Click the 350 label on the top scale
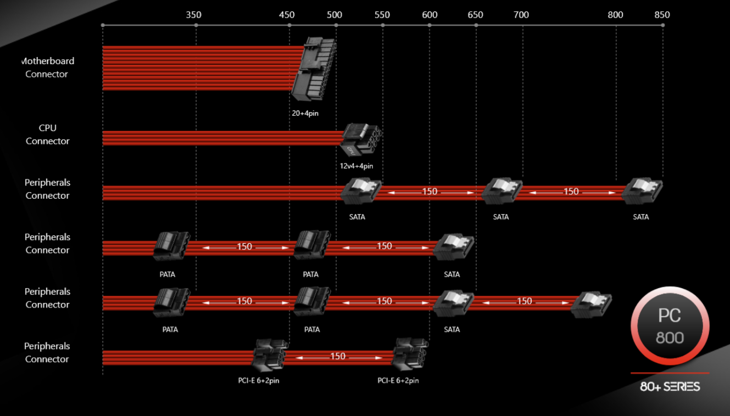click(x=194, y=15)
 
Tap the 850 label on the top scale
click(x=662, y=15)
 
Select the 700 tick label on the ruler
click(x=521, y=15)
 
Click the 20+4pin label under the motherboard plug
click(x=305, y=114)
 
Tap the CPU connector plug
click(x=361, y=140)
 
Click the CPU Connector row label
click(x=48, y=134)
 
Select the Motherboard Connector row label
click(x=48, y=68)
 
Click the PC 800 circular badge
click(x=670, y=326)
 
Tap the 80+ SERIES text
click(x=670, y=386)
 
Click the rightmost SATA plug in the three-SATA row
click(x=642, y=192)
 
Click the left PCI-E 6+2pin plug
click(x=270, y=356)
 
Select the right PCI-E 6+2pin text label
click(x=398, y=381)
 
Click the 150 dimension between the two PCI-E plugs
click(x=337, y=356)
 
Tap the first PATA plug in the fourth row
click(x=171, y=246)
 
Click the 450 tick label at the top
click(x=287, y=15)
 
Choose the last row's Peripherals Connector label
click(x=47, y=352)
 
